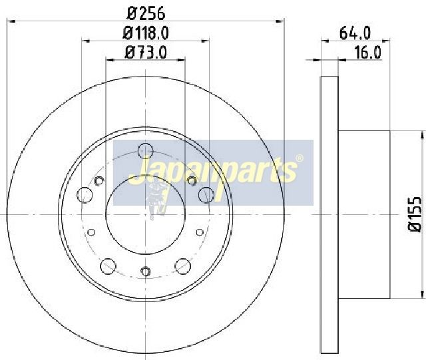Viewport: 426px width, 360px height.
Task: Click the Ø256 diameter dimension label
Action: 146,13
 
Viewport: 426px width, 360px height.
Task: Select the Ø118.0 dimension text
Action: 146,33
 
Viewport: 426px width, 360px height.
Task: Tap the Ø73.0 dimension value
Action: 145,53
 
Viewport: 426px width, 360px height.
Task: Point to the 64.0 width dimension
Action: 355,33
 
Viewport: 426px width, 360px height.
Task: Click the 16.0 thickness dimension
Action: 367,53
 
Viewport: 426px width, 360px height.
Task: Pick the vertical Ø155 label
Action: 415,214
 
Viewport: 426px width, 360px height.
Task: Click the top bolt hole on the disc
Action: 146,151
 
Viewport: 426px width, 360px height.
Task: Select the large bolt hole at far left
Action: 85,195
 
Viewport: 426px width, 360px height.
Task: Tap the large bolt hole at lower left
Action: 108,266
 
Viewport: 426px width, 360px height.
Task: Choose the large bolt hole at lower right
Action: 183,266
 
